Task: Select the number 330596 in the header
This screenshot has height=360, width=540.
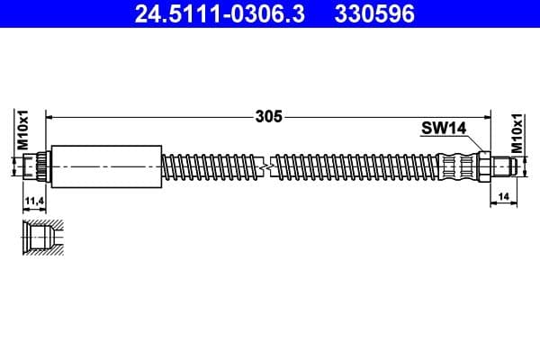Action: [375, 13]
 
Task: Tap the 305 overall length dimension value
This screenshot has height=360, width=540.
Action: [269, 116]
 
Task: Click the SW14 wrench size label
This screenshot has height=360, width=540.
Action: [443, 129]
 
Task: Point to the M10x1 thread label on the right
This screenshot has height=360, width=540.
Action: [517, 132]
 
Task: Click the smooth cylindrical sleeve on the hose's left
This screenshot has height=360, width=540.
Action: [106, 166]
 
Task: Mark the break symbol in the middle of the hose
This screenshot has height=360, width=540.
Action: [265, 166]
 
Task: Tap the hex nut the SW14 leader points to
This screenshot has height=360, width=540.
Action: [484, 166]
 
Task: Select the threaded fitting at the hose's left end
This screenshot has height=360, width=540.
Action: [37, 166]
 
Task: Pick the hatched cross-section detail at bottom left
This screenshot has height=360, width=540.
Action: [41, 238]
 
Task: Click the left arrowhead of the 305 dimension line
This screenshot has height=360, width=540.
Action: [50, 116]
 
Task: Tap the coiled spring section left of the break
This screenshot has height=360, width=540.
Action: [211, 166]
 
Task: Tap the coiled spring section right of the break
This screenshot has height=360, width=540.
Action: [351, 166]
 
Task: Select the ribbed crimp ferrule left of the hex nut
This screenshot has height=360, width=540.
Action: [458, 166]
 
